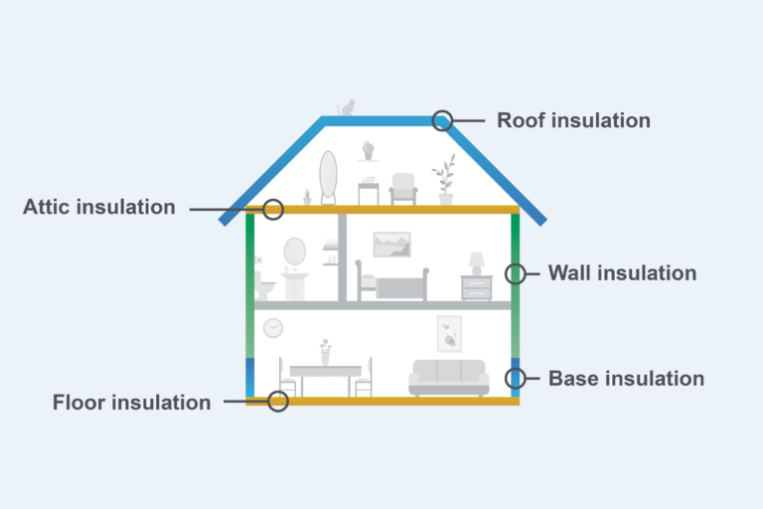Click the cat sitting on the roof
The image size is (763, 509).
(347, 107)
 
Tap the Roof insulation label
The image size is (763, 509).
(573, 120)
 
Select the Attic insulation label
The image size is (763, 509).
(98, 207)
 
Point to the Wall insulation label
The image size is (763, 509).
(622, 273)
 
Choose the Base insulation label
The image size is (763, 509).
(626, 379)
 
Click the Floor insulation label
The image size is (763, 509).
(131, 403)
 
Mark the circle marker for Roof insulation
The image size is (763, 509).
(442, 120)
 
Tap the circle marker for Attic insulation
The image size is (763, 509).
(273, 210)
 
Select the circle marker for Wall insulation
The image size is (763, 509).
(516, 273)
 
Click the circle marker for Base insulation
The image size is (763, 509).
(516, 378)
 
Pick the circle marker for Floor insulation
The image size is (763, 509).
(278, 402)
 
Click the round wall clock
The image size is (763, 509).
(273, 328)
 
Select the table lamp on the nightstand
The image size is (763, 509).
(477, 264)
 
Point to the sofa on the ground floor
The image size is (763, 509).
(449, 377)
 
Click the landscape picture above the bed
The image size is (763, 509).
(391, 245)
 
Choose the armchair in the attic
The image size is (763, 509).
(403, 189)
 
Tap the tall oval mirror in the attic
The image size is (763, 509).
(328, 177)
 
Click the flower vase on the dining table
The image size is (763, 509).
(325, 352)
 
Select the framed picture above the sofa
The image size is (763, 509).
(449, 334)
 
